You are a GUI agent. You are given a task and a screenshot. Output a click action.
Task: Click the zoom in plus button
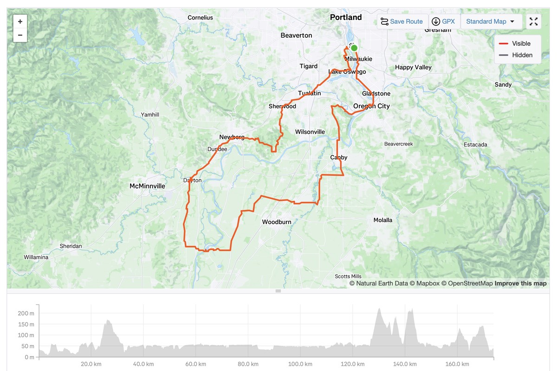tap(20, 21)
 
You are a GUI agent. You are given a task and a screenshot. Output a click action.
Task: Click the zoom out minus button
tap(20, 35)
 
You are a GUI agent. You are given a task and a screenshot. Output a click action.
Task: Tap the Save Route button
tap(402, 21)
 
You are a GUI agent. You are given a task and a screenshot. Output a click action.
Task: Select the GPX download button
tap(443, 21)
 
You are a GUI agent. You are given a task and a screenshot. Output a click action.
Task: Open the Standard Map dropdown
tap(491, 21)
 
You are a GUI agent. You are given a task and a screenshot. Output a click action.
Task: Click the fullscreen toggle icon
tap(534, 21)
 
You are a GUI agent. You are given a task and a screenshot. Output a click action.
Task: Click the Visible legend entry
tap(515, 43)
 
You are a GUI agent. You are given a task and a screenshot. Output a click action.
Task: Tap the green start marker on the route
tap(354, 48)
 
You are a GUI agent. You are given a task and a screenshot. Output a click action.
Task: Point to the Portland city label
tap(346, 17)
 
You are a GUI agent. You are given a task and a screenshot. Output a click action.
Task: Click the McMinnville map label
tap(147, 186)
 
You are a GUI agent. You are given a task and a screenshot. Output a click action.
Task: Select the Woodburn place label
tap(277, 222)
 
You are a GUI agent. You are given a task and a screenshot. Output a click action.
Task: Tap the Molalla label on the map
tap(383, 220)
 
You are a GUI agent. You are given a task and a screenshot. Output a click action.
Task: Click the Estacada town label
tap(475, 145)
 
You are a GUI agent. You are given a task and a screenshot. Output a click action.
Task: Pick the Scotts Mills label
tap(348, 276)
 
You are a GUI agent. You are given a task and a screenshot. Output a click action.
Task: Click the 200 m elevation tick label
tap(26, 313)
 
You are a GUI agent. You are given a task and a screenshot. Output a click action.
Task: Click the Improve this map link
tap(520, 283)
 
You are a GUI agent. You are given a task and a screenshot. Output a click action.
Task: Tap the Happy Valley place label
tap(413, 67)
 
